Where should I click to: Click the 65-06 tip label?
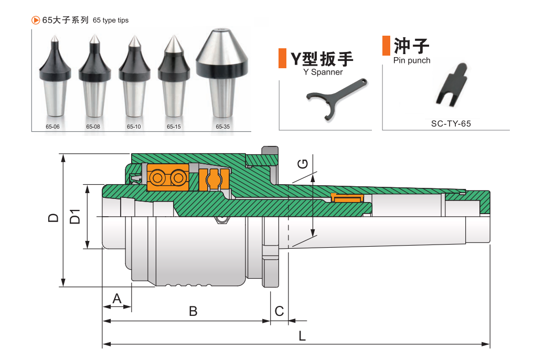[x=52, y=126]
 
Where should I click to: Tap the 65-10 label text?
[x=134, y=126]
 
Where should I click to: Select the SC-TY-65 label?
[x=451, y=124]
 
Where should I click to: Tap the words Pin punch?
[x=412, y=60]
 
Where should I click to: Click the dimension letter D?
[x=53, y=217]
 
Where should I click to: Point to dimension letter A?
[x=117, y=299]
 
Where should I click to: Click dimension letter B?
[x=193, y=311]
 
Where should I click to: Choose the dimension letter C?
[x=279, y=311]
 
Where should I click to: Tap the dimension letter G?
[x=302, y=164]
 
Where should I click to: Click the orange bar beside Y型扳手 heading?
[x=282, y=58]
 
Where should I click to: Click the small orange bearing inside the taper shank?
[x=347, y=198]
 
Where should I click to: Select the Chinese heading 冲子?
[x=412, y=46]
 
